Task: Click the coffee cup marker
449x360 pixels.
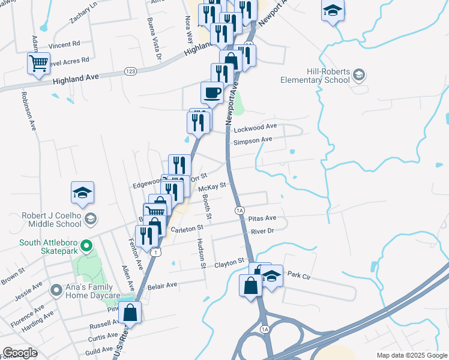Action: click(x=211, y=92)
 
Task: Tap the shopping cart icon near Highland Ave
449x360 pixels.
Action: click(x=38, y=62)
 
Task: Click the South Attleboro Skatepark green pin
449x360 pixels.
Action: click(x=86, y=246)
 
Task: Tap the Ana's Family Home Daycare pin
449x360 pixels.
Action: click(x=56, y=290)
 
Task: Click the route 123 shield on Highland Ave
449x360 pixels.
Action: click(x=129, y=71)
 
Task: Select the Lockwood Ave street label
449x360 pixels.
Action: click(x=255, y=127)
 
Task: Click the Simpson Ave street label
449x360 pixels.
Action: click(x=253, y=140)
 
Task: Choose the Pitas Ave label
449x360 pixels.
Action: click(x=263, y=218)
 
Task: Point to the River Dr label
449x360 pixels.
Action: click(x=262, y=231)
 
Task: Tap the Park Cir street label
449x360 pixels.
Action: click(x=298, y=274)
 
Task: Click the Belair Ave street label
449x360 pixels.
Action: click(x=163, y=285)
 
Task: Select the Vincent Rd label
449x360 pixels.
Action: click(x=64, y=44)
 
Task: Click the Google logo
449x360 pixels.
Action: click(x=20, y=353)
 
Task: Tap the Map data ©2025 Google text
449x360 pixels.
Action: click(x=412, y=355)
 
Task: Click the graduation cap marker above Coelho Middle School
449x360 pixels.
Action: click(x=83, y=192)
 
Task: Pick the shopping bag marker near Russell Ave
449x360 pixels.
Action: click(x=130, y=311)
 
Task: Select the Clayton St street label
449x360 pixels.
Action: click(x=230, y=263)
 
